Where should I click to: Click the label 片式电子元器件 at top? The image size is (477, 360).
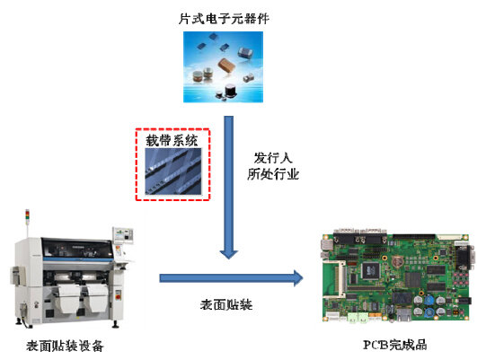(224, 19)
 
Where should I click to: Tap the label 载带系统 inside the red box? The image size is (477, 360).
(172, 140)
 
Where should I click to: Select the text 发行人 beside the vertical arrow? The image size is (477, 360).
(273, 158)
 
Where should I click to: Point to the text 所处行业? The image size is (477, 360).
(273, 174)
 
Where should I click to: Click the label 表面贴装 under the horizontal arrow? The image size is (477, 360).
(226, 304)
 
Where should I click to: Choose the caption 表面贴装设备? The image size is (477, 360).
(65, 346)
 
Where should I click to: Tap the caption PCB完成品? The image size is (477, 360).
(395, 345)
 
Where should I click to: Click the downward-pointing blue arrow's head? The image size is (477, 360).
(229, 255)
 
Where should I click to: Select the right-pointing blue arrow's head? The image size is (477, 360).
(298, 278)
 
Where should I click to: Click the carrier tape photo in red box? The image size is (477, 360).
(173, 171)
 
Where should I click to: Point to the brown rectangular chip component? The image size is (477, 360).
(226, 65)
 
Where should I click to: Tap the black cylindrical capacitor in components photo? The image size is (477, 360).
(230, 91)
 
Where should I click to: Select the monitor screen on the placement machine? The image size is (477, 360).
(123, 235)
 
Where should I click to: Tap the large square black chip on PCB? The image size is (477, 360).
(370, 270)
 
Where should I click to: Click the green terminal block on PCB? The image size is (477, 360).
(358, 317)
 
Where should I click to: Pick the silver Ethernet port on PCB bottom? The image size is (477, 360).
(402, 315)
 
